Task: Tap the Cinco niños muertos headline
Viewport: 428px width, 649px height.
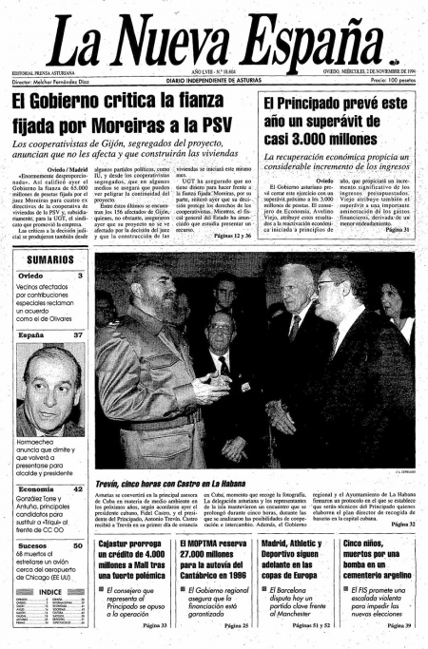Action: click(x=377, y=563)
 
